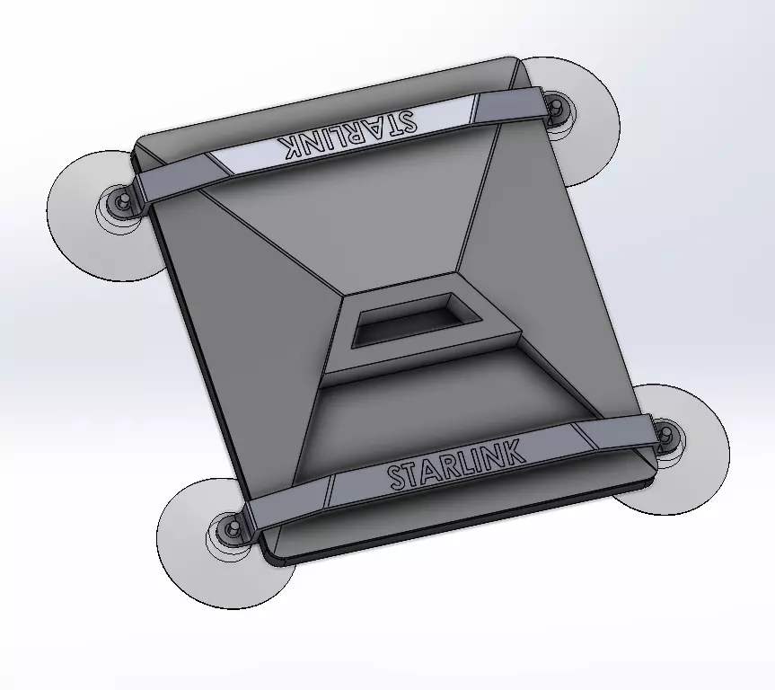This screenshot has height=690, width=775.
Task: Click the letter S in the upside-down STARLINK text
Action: pyautogui.click(x=405, y=122)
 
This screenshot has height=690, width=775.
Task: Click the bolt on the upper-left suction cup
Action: pyautogui.click(x=121, y=201)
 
